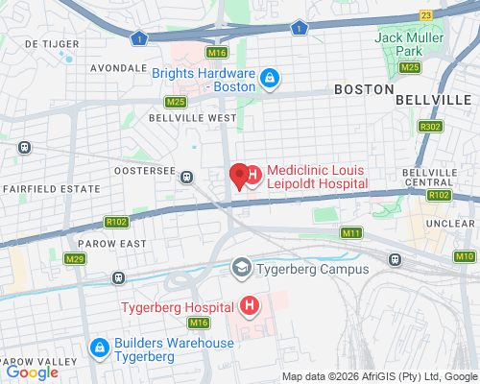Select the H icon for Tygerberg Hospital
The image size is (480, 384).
coord(250,307)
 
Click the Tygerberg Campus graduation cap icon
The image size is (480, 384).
coord(242,268)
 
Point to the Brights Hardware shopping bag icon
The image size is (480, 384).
coord(271,78)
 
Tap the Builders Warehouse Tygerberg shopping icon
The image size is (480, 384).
coord(99,348)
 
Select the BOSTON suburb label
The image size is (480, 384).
coord(363,88)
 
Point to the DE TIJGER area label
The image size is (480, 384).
coord(43,44)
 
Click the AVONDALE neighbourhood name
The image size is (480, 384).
coord(116,69)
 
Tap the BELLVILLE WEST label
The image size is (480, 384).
coord(192,117)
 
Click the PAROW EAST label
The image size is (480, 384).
coord(113,244)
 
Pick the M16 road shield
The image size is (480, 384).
coord(217,53)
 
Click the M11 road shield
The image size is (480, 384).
coord(351,233)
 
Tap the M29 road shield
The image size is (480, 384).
coord(75,259)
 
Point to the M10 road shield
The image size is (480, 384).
coord(465,256)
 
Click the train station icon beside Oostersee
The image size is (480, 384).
coord(186,176)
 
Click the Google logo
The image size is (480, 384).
coord(32,372)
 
